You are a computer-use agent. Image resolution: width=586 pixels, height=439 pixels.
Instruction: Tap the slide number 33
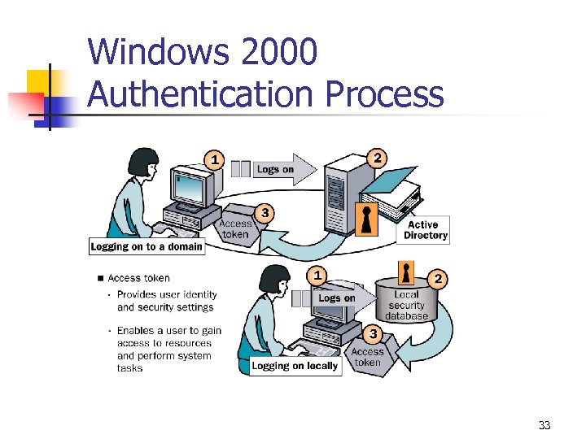pyautogui.click(x=544, y=425)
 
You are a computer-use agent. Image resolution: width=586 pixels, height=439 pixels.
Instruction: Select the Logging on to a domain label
pyautogui.click(x=146, y=246)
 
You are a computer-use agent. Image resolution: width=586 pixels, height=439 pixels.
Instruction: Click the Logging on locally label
pyautogui.click(x=295, y=366)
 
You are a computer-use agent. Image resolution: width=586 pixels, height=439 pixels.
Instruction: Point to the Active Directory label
pyautogui.click(x=426, y=230)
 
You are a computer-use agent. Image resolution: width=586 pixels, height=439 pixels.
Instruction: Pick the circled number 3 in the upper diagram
pyautogui.click(x=264, y=213)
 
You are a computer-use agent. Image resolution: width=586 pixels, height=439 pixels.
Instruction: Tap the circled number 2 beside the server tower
pyautogui.click(x=377, y=157)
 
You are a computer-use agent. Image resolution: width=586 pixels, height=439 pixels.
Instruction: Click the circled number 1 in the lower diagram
pyautogui.click(x=318, y=274)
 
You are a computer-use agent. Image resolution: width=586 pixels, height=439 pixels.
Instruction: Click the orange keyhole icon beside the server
pyautogui.click(x=368, y=219)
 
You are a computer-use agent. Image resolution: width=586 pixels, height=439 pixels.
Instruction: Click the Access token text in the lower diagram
pyautogui.click(x=368, y=357)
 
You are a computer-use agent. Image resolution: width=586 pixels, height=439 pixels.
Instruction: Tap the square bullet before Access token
pyautogui.click(x=100, y=278)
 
